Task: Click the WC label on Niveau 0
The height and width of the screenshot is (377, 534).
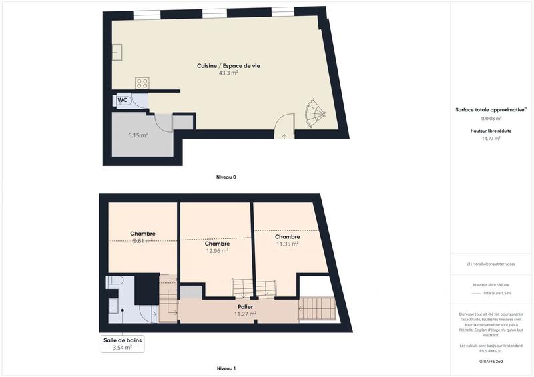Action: pos(123,100)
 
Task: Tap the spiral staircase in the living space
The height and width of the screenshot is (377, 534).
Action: pos(314,115)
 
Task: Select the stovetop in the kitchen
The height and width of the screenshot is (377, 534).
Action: pos(142,83)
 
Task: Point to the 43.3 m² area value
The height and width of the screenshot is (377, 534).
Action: pos(228,73)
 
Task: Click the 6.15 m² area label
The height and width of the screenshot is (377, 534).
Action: pos(138,135)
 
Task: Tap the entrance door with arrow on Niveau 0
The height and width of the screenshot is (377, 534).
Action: pos(285,127)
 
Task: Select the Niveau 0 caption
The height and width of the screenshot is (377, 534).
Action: pos(226,177)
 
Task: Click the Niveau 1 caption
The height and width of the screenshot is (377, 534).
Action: pos(226,368)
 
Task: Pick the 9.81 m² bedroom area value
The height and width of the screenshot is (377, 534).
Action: pos(143,241)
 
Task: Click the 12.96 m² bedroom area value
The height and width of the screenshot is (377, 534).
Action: pos(218,251)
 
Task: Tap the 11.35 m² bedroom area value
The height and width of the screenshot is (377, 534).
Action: pos(287,244)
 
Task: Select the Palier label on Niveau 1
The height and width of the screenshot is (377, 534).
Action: pos(246,306)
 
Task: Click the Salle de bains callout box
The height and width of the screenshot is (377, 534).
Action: pos(122,344)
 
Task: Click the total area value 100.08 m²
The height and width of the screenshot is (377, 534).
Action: pos(491,119)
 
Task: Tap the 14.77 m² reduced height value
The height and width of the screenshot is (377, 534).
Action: pos(491,139)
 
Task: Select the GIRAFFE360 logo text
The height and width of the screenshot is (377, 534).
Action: pos(491,361)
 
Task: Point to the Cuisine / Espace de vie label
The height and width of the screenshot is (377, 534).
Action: pos(228,65)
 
